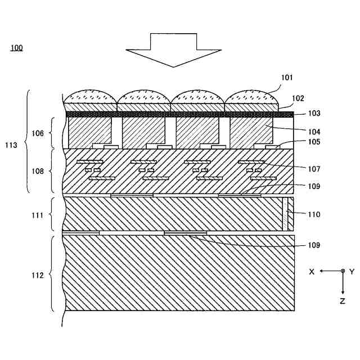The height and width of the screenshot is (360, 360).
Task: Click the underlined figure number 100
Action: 17,48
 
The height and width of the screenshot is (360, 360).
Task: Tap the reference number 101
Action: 287,78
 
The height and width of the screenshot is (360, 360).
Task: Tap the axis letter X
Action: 312,271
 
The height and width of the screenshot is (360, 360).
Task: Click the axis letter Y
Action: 352,271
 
